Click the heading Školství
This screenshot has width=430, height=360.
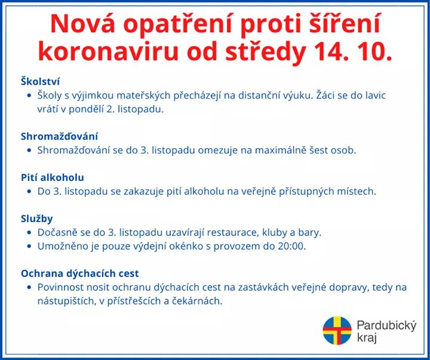[41, 81]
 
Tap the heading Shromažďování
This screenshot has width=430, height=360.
[59, 136]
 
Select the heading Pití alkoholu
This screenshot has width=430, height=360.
[53, 177]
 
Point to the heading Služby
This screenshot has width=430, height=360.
[37, 219]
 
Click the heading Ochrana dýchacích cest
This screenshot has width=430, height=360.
[80, 273]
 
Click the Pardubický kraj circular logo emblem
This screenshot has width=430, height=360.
[337, 330]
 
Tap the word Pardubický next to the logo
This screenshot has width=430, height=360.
[386, 326]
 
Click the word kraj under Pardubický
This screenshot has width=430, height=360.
[367, 337]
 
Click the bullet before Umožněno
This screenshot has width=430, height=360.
[29, 246]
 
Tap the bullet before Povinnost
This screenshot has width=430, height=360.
[29, 287]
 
